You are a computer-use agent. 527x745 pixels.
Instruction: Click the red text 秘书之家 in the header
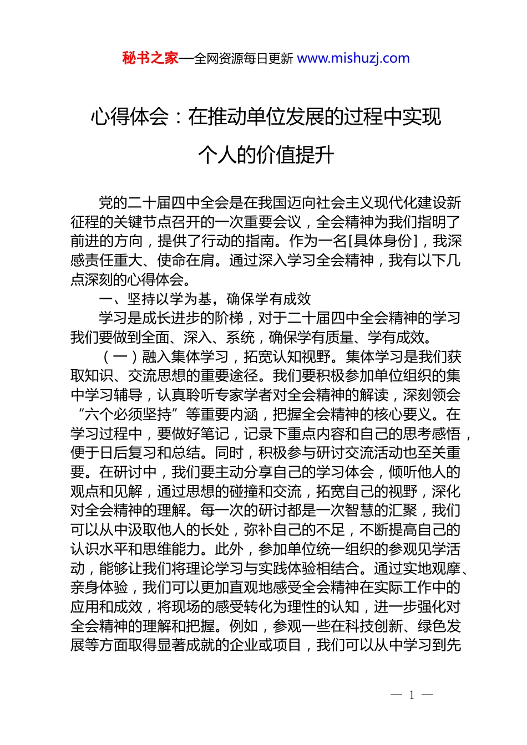pos(150,58)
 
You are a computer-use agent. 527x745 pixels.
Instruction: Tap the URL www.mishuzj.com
pos(353,58)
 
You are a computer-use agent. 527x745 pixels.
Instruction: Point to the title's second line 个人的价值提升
pos(266,155)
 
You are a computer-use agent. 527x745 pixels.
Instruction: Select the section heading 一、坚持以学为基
pos(155,299)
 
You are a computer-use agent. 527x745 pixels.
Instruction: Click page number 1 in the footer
pos(412,695)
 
